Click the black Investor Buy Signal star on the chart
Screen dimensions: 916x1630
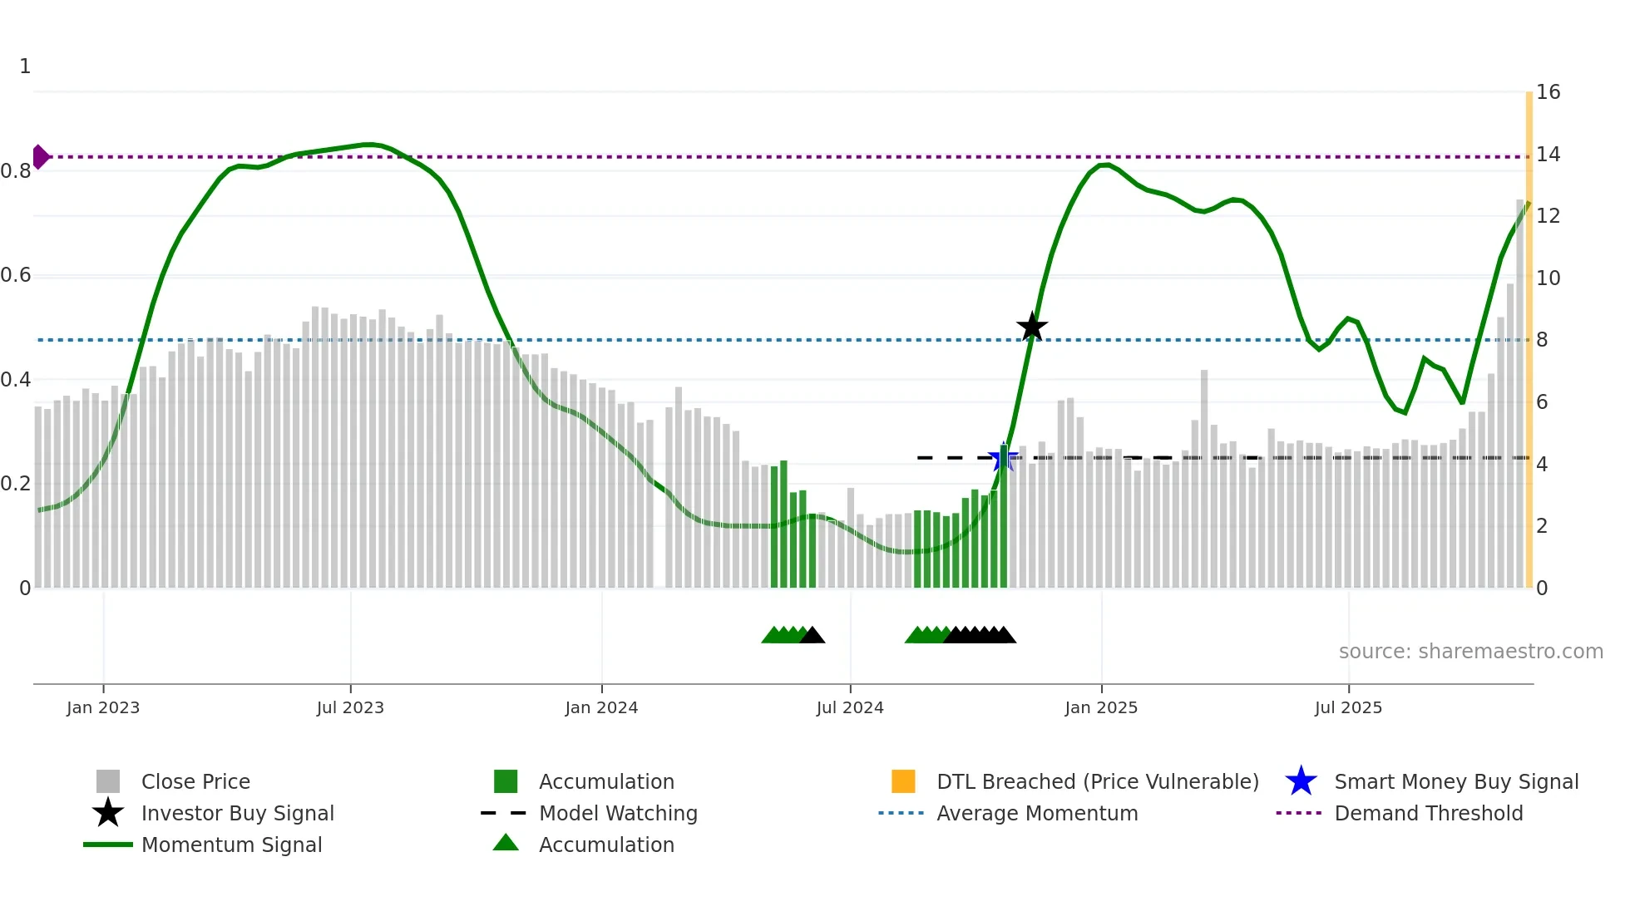1032,327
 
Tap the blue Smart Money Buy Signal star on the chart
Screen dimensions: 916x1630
1003,458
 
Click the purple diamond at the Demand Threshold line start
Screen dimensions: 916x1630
40,156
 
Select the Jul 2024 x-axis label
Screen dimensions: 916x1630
850,707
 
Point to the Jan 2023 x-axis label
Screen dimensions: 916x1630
103,707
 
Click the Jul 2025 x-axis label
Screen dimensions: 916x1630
1348,707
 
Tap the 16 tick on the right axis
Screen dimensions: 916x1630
1548,92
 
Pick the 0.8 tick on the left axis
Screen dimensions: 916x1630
17,171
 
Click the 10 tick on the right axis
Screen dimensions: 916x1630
1548,278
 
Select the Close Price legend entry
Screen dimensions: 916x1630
195,781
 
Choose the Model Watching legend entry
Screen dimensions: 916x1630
618,813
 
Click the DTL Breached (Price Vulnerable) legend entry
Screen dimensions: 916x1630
1097,781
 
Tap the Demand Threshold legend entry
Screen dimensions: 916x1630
1428,813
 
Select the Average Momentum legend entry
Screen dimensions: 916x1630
1036,813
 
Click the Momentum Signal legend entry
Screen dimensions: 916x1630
231,845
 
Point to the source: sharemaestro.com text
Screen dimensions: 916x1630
1470,651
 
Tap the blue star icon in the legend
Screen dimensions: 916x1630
1301,781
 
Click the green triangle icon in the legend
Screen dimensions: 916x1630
506,843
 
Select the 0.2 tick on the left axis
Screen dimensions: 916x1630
17,484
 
